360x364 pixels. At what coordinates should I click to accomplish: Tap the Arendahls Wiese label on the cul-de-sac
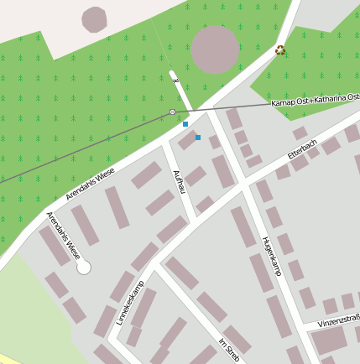[x=64, y=234]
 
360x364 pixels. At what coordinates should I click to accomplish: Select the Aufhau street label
[x=177, y=181]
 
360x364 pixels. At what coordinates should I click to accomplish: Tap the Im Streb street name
[x=229, y=349]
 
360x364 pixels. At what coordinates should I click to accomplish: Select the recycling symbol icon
[x=280, y=50]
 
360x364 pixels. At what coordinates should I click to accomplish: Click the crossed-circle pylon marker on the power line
[x=173, y=112]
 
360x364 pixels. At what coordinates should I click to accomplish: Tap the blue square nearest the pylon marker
[x=185, y=124]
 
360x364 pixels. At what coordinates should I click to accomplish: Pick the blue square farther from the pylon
[x=198, y=137]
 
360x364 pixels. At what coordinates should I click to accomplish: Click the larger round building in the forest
[x=216, y=49]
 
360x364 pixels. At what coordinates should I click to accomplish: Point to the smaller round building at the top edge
[x=95, y=18]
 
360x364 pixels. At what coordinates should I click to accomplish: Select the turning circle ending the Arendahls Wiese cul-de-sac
[x=83, y=267]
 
